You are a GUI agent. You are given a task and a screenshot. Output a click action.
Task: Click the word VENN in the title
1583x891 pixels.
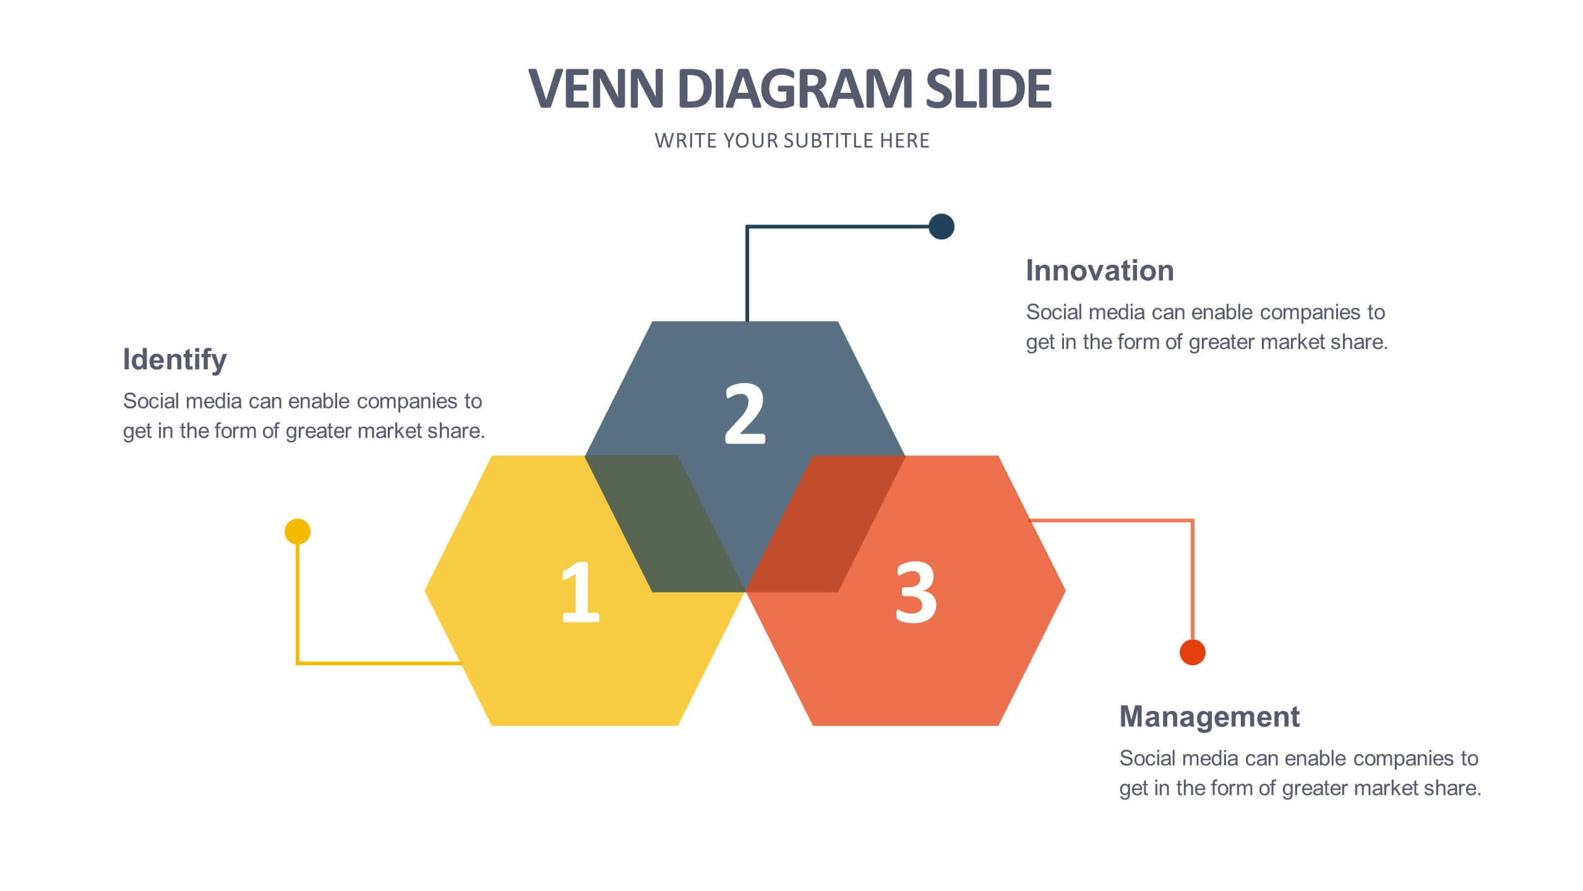(x=596, y=88)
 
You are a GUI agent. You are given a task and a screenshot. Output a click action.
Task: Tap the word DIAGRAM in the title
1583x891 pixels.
(x=795, y=88)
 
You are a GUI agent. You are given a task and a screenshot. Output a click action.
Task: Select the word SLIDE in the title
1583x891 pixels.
(x=989, y=88)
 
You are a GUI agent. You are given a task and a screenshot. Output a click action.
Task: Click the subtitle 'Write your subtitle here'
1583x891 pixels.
(x=792, y=141)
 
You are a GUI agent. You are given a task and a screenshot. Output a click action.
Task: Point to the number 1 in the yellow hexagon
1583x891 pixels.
(x=580, y=592)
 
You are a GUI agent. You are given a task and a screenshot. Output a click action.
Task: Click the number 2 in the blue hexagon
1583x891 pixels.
(x=745, y=413)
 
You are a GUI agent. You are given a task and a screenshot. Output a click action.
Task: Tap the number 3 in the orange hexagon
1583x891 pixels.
(x=916, y=592)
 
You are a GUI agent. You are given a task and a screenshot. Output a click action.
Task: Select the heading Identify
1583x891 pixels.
(x=175, y=360)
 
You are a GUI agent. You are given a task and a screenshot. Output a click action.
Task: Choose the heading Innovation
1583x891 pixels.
(x=1100, y=270)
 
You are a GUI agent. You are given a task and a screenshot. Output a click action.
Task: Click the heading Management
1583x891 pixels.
(x=1209, y=717)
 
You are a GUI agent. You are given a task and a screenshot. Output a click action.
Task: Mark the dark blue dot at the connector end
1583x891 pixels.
(x=942, y=226)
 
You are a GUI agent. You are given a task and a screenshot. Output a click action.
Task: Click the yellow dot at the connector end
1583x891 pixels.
(x=298, y=532)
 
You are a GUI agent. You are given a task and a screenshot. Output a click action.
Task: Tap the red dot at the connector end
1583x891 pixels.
(x=1193, y=652)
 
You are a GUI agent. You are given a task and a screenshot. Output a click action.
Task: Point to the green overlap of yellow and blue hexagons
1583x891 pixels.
(x=665, y=524)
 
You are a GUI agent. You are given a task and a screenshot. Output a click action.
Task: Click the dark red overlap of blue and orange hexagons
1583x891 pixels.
(x=825, y=524)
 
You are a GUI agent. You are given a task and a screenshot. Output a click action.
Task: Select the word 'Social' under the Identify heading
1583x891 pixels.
(x=152, y=401)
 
